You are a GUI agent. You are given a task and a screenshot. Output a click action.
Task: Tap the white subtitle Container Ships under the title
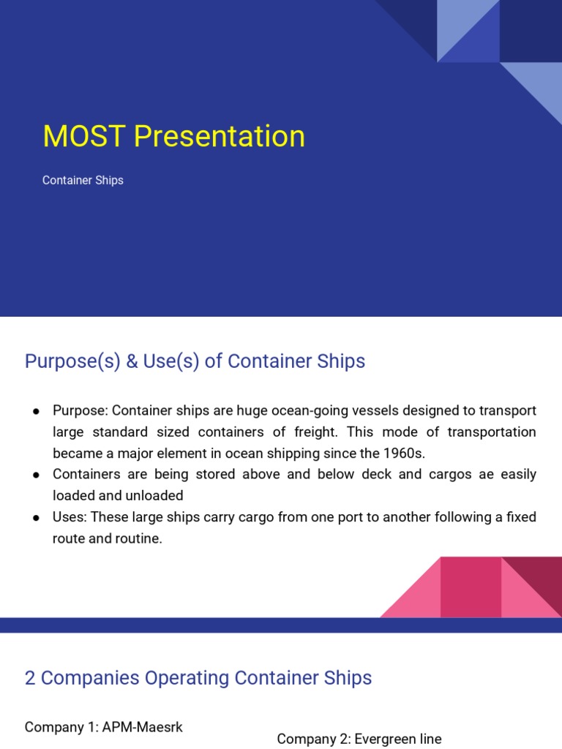83,180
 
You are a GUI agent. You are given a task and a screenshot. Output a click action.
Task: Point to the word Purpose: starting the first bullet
80,410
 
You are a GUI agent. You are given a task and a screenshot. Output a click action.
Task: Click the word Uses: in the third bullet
69,516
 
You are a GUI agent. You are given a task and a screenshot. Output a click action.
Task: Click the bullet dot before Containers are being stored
35,475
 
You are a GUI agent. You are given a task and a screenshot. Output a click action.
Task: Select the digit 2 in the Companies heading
30,678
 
